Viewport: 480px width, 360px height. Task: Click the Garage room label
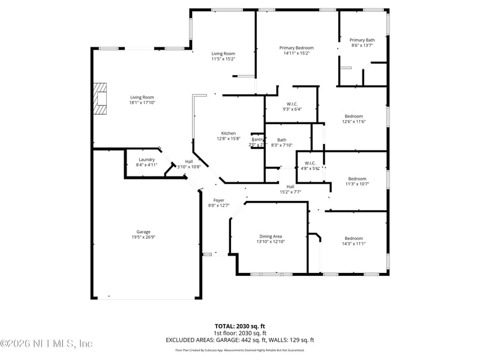pos(143,232)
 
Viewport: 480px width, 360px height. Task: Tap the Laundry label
pos(147,160)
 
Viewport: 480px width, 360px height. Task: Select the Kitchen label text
pos(228,133)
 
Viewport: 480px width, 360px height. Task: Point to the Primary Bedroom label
pos(296,48)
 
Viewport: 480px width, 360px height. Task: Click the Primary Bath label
pos(362,40)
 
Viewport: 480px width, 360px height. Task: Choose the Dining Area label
pos(270,236)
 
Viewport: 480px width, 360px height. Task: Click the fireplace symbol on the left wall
pos(100,99)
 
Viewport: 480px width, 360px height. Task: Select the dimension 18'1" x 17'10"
pos(143,103)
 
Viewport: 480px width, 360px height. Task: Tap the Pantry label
pos(257,139)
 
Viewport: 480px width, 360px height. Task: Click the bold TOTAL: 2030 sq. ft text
pos(239,326)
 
